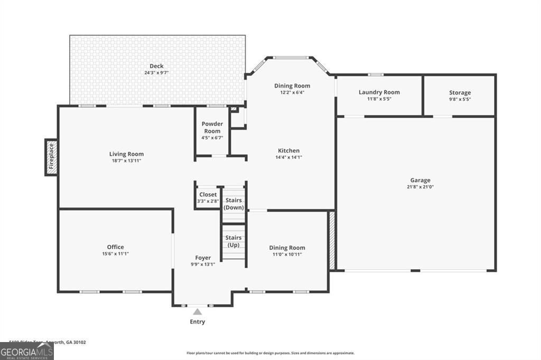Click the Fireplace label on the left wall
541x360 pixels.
(51, 157)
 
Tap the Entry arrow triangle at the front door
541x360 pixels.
(197, 312)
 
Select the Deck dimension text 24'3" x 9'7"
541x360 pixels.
(156, 73)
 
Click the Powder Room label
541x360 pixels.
(212, 127)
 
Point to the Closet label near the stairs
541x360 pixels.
(208, 195)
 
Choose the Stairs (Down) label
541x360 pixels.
(234, 204)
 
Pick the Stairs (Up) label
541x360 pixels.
(234, 242)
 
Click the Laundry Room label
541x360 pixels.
(379, 92)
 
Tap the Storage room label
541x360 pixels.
(460, 93)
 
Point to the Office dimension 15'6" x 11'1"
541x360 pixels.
(115, 254)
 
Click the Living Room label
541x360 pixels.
(126, 154)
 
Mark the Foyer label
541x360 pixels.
(203, 258)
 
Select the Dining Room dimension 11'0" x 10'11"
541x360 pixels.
(287, 254)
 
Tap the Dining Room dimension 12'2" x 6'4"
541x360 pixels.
(292, 92)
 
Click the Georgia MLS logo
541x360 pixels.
(26, 351)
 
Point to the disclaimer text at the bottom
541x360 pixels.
(270, 353)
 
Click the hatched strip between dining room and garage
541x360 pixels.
(332, 240)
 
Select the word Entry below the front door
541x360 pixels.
(197, 322)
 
